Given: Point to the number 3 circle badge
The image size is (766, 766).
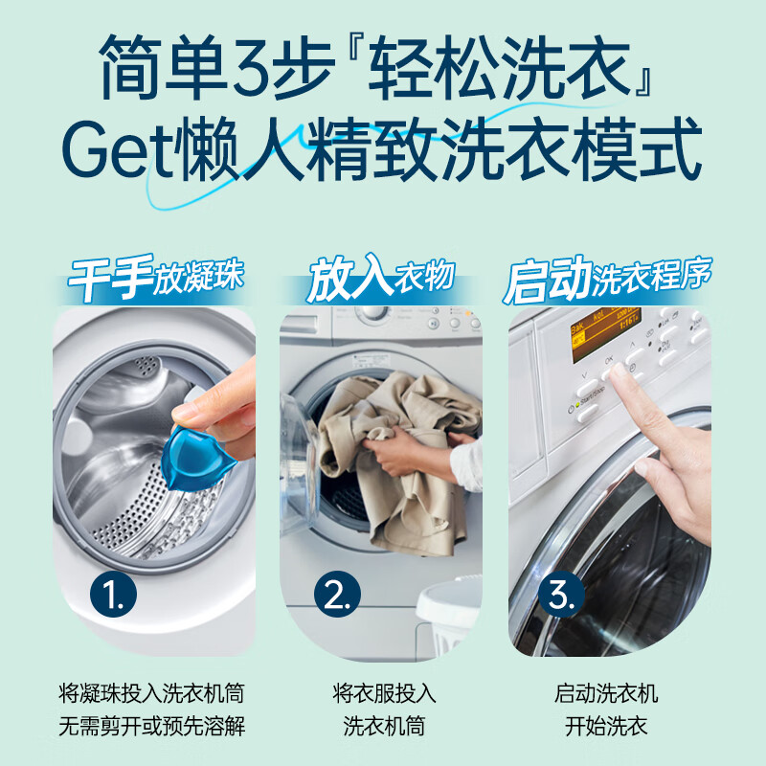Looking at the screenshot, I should (561, 596).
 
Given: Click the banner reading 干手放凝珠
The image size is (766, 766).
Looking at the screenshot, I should (156, 279).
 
